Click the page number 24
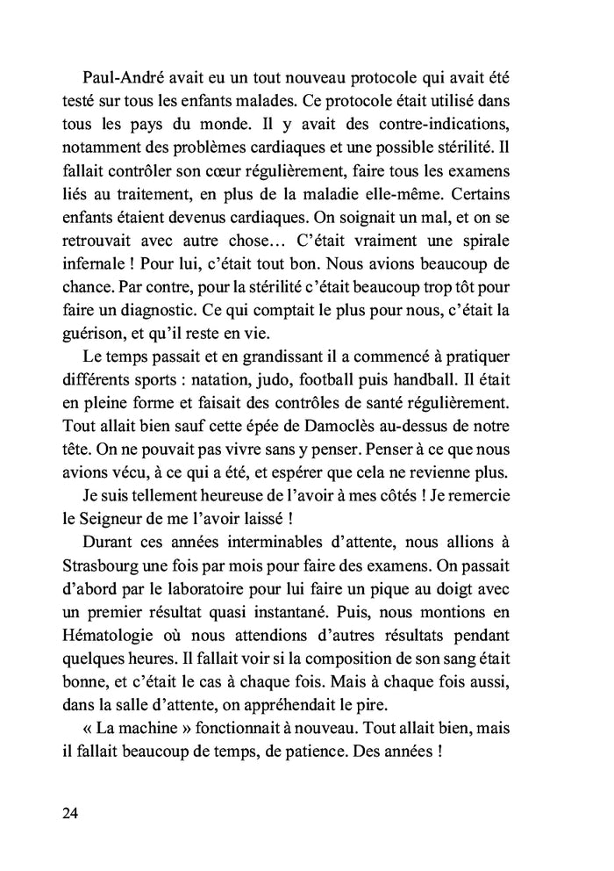click(x=72, y=813)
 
